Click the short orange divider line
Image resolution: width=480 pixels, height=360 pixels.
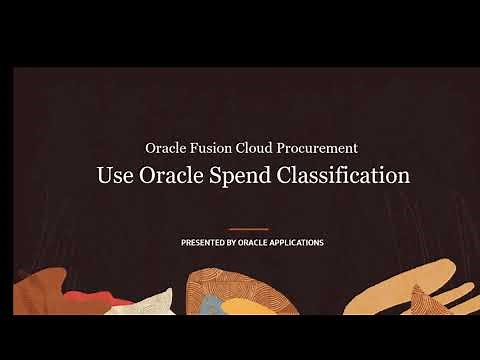(x=249, y=229)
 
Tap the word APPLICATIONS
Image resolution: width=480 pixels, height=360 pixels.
(x=301, y=243)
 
